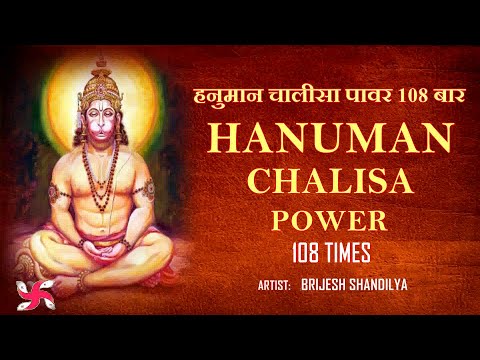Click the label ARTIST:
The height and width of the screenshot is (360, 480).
point(274,286)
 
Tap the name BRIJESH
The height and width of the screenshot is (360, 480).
point(327,286)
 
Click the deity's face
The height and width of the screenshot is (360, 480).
point(101,117)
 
